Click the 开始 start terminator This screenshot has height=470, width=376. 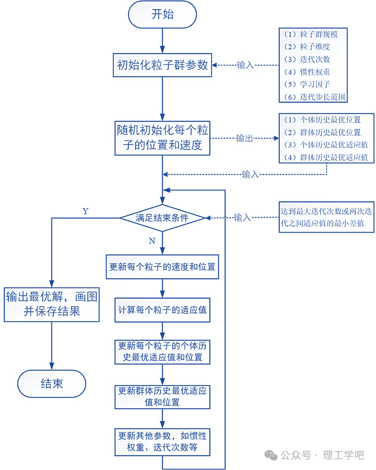click(x=162, y=15)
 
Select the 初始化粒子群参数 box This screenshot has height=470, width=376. click(x=162, y=65)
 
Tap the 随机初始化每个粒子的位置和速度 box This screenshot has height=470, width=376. click(x=162, y=138)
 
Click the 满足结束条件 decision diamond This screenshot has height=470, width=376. click(x=162, y=218)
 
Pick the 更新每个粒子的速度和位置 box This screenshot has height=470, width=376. click(x=162, y=267)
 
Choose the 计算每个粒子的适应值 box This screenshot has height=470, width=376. click(x=162, y=310)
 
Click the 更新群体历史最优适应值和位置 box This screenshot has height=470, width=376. click(x=162, y=396)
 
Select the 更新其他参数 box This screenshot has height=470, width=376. click(x=162, y=442)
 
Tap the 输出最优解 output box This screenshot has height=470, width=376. click(x=51, y=305)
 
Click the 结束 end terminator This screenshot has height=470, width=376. click(x=51, y=384)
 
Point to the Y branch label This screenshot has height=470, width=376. click(x=86, y=211)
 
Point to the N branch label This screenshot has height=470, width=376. click(x=152, y=241)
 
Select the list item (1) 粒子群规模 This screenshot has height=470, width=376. click(x=310, y=34)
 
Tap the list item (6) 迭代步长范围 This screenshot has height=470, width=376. click(x=315, y=97)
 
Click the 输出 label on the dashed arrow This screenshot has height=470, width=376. click(x=245, y=138)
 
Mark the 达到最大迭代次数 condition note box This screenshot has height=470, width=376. click(x=326, y=217)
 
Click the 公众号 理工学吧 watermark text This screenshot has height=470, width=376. click(x=322, y=455)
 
